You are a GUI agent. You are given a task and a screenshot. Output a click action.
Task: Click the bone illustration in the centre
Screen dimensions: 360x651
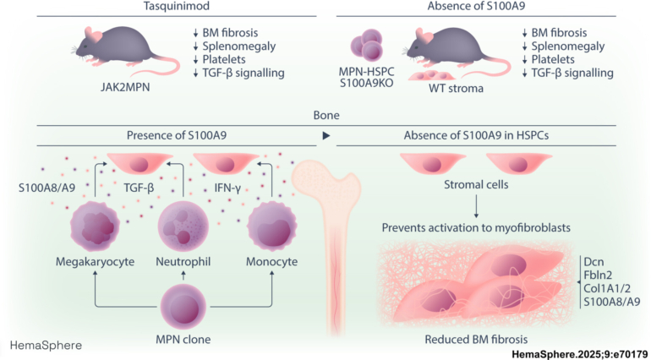(x=325, y=245)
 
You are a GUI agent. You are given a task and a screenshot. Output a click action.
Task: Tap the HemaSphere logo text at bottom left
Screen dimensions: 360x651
(x=46, y=346)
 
